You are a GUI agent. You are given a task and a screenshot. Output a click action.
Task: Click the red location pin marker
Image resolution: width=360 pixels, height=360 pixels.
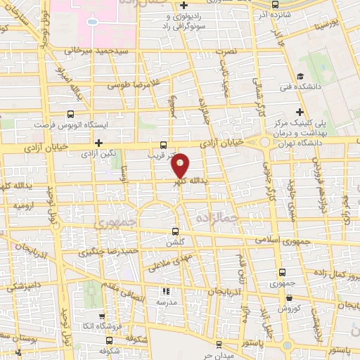(181, 165)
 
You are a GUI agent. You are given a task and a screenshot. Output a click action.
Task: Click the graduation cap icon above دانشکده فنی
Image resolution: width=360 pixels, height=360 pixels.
(300, 76)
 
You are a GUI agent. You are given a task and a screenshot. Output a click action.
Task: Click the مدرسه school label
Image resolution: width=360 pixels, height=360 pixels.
(169, 300)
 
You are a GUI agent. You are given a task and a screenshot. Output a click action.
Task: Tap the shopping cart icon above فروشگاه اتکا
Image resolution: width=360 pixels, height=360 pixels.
(103, 316)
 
